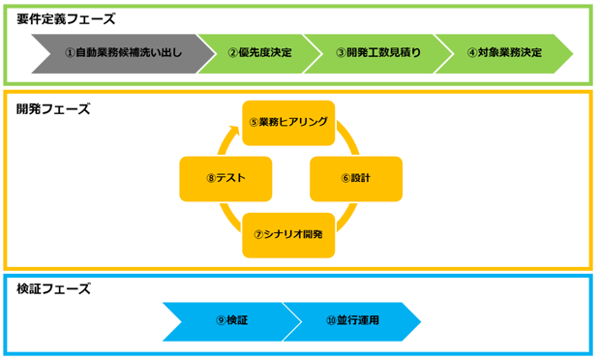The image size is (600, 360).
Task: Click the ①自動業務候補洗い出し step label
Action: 123,51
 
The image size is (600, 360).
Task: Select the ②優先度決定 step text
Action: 259,51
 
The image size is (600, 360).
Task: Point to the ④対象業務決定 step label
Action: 504,51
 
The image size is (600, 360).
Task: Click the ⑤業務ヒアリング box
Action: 288,122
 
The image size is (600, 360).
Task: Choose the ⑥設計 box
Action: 355,178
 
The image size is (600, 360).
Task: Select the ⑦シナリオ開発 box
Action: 288,234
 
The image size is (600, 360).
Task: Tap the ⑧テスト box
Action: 225,178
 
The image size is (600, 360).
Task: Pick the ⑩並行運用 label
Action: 352,318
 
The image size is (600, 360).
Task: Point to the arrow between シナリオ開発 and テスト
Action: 225,222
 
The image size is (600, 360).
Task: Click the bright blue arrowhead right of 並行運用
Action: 424,313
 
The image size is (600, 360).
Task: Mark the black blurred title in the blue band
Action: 58,299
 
